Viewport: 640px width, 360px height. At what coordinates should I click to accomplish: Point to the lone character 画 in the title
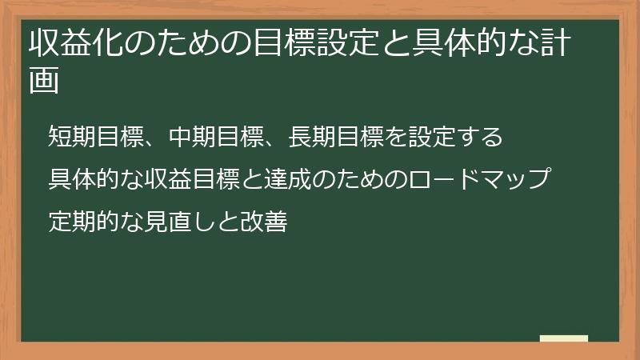(44, 82)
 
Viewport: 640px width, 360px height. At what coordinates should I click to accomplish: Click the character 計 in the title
(554, 46)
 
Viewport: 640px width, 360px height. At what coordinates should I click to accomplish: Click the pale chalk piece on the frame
(563, 338)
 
